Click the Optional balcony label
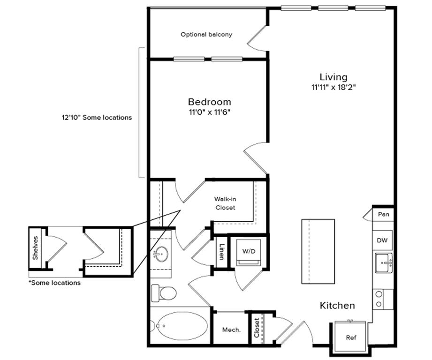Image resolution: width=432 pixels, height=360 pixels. (x=206, y=34)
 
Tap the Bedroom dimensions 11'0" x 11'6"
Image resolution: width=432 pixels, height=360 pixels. (x=209, y=112)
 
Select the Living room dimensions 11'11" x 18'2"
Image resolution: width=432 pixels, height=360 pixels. (x=333, y=87)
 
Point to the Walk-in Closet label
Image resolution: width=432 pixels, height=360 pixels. (x=225, y=203)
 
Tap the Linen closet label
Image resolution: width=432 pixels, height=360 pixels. (x=221, y=252)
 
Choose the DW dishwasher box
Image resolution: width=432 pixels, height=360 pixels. (x=382, y=240)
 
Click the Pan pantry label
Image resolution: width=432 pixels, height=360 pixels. (x=384, y=214)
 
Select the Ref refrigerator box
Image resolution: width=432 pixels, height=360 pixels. (x=351, y=337)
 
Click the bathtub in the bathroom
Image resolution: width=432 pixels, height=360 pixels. (x=179, y=326)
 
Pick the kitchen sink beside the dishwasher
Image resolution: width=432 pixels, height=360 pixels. (x=384, y=263)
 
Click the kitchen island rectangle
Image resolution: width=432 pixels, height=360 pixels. (x=318, y=251)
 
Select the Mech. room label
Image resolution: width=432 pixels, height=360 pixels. (x=231, y=330)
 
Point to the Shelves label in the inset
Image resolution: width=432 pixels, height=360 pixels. (x=35, y=248)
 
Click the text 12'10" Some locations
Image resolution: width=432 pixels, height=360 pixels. (x=97, y=118)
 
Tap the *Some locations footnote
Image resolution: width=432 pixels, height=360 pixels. (x=54, y=283)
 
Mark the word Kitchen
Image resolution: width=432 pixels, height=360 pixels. (x=337, y=305)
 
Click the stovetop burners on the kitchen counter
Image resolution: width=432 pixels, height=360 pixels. (x=379, y=299)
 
